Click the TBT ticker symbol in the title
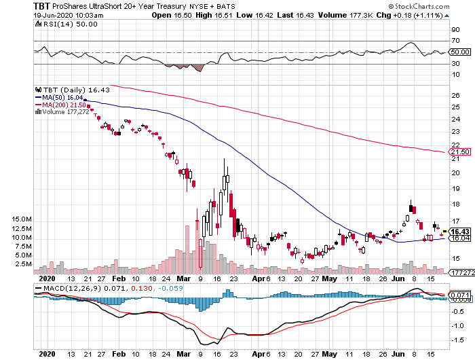(x=11, y=5)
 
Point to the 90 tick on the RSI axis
(x=457, y=30)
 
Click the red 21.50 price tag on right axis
(x=460, y=151)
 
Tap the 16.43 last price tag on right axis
(x=460, y=232)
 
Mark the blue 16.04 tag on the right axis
(x=460, y=238)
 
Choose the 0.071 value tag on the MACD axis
(x=461, y=295)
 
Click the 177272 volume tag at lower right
(x=461, y=272)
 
